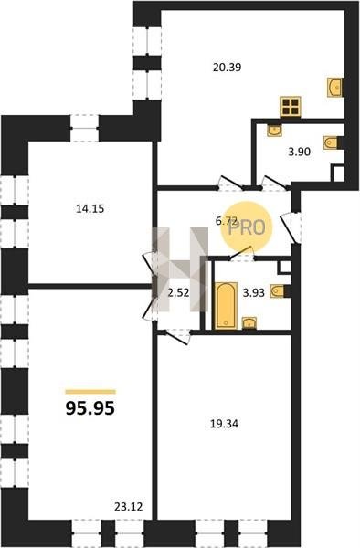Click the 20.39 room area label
228,67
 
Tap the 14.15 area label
90,209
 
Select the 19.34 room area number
224,424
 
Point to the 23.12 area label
129,506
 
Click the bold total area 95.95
90,408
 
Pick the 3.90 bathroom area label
300,152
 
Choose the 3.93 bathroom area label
254,293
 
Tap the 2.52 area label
178,293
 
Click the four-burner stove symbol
291,107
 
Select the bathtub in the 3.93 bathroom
226,305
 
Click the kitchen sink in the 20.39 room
334,88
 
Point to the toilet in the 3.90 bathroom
331,142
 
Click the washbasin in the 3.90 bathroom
275,131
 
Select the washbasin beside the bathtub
249,323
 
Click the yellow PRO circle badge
246,227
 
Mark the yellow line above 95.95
90,392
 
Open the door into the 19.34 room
178,336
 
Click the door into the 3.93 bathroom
241,254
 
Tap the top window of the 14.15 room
85,128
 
